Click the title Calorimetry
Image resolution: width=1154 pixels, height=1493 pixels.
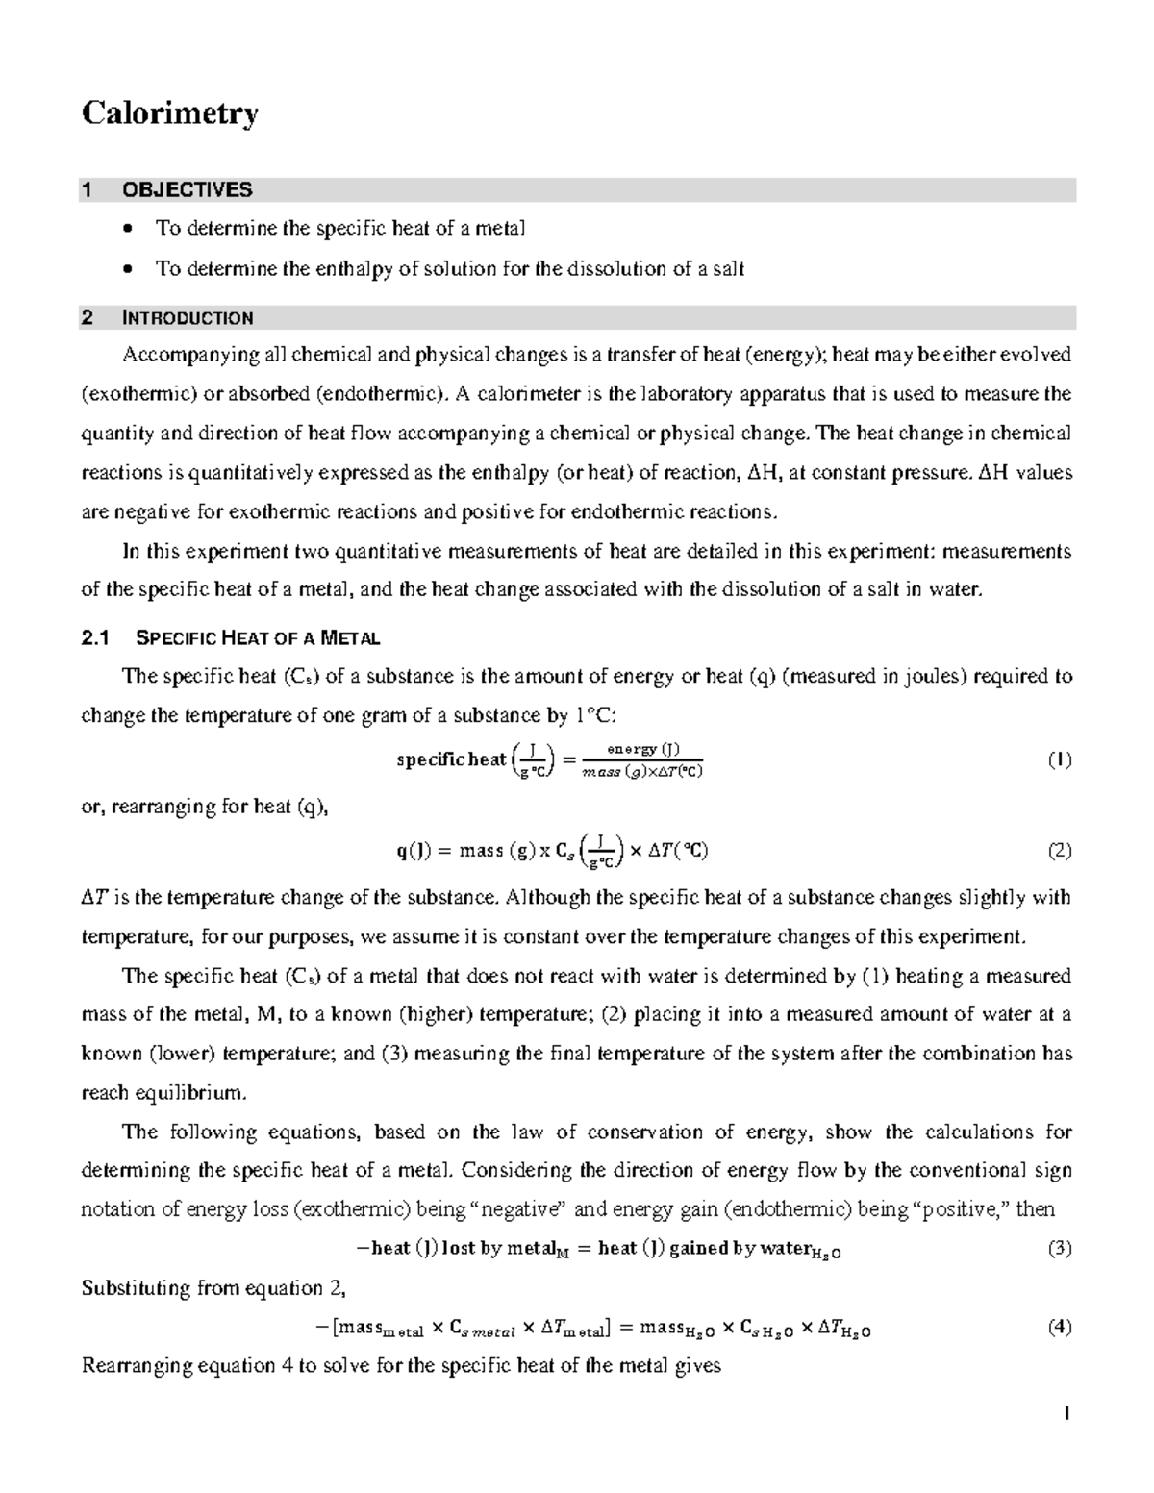pyautogui.click(x=169, y=113)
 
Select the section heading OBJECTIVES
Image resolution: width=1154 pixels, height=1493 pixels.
pyautogui.click(x=187, y=189)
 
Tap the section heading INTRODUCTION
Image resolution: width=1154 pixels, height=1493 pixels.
pyautogui.click(x=188, y=318)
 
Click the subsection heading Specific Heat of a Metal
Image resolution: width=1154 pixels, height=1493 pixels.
pyautogui.click(x=259, y=637)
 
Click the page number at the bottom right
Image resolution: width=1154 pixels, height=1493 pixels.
pyautogui.click(x=1066, y=1413)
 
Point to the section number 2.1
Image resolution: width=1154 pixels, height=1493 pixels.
pyautogui.click(x=96, y=637)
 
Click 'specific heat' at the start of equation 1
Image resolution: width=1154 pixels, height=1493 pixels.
pyautogui.click(x=451, y=760)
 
